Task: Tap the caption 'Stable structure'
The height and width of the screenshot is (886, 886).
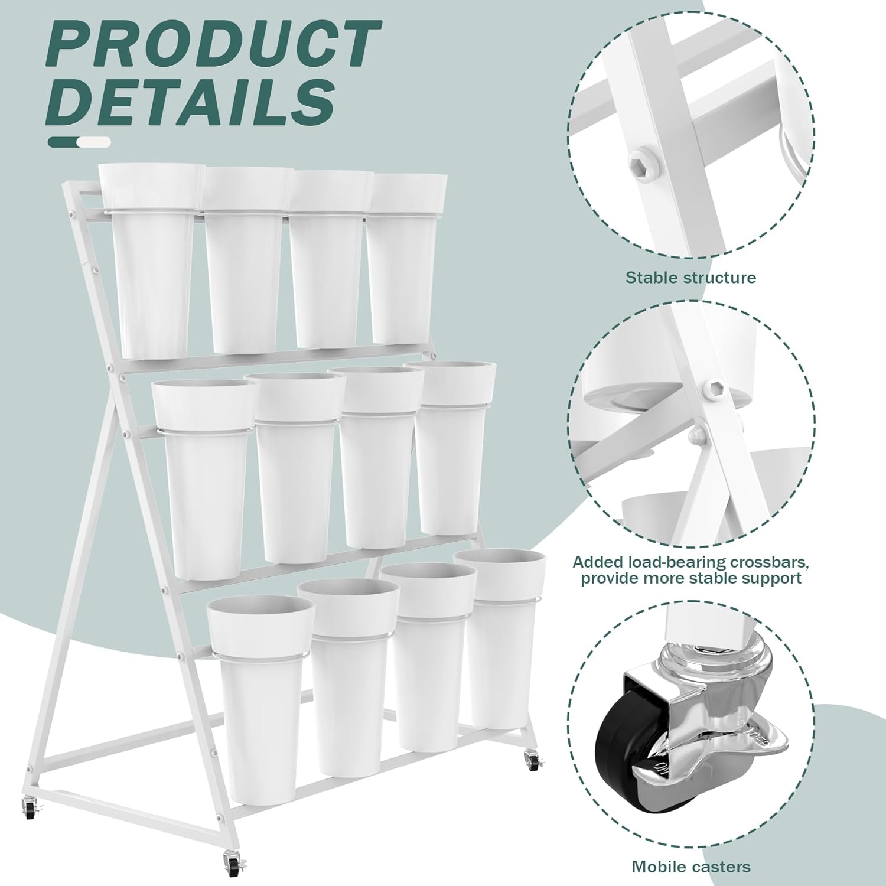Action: coord(690,277)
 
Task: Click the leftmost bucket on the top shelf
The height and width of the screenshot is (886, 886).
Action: coord(150,260)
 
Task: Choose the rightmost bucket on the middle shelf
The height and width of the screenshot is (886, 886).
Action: coord(450,449)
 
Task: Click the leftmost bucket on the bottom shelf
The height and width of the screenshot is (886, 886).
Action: coord(260,700)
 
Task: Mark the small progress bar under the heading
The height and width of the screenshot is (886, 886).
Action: coord(79,142)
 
